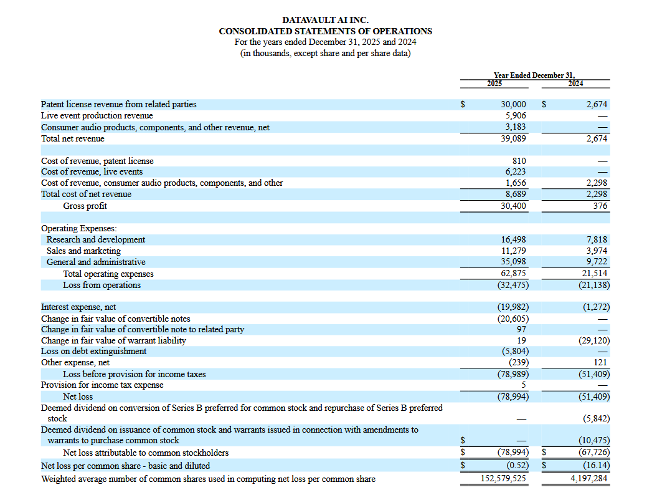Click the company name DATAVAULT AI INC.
click(325, 21)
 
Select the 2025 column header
click(494, 83)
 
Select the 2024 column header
click(576, 83)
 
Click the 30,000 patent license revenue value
click(513, 105)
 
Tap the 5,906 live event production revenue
click(516, 116)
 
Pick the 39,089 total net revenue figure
click(513, 138)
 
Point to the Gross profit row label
click(85, 206)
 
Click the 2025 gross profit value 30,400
click(513, 206)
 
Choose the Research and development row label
click(95, 239)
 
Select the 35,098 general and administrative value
click(513, 262)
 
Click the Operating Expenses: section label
click(78, 228)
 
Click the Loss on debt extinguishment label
click(93, 351)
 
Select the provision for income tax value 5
click(523, 385)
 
